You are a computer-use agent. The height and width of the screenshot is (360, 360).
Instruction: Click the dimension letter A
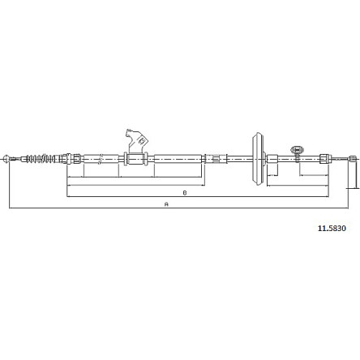(166, 204)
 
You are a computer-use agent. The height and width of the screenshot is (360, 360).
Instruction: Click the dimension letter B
(185, 193)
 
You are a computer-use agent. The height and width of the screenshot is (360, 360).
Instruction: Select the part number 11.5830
(332, 229)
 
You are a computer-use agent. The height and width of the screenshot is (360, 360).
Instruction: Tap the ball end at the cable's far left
(6, 159)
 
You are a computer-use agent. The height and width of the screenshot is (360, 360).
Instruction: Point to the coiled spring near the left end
(41, 159)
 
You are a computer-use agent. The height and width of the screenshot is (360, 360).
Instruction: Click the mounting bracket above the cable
(137, 141)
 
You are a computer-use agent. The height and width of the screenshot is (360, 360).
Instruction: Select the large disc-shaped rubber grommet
(259, 158)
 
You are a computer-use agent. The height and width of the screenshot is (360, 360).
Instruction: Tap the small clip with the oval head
(297, 152)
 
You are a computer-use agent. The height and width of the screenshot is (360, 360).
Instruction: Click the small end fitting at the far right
(353, 159)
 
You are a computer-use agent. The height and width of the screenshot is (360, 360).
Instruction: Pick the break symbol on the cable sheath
(101, 159)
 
